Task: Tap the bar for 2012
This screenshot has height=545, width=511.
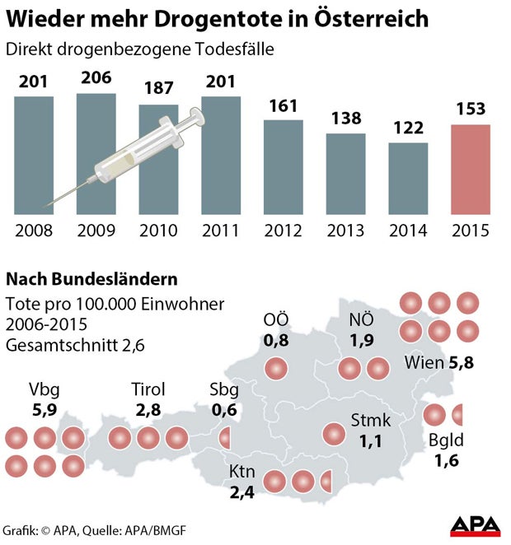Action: pos(284,167)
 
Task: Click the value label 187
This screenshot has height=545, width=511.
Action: pos(159,89)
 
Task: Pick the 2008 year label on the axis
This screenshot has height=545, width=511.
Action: pos(34,230)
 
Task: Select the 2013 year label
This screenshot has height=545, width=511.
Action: pos(345,230)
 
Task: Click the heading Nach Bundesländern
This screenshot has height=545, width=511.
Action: pos(91,279)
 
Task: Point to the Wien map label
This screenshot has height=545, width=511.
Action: pos(423,361)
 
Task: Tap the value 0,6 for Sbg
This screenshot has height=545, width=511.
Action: pos(224,408)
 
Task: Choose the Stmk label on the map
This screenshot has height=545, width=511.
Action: pos(371,422)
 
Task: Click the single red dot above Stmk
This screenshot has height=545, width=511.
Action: pos(334,433)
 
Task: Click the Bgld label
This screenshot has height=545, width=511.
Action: pos(446,442)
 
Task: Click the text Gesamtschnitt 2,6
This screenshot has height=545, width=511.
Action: pos(75,346)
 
